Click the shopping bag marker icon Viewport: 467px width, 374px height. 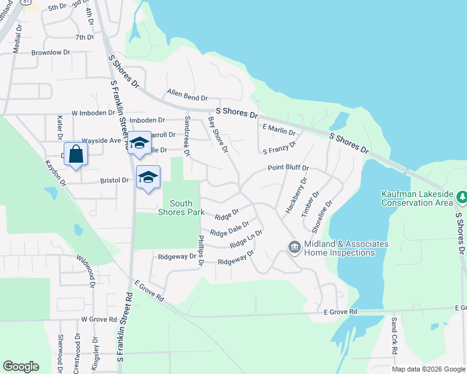coord(76,155)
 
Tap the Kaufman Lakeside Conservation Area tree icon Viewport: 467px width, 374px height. coord(461,198)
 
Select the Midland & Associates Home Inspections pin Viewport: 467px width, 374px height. coord(293,247)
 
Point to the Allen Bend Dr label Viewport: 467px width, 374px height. coord(187,95)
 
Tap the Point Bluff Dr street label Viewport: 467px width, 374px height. coord(288,168)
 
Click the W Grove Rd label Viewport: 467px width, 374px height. coord(99,319)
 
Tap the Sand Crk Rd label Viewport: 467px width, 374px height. coord(395,336)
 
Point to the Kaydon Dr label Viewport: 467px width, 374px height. coord(54,171)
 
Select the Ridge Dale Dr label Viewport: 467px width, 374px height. coord(230,228)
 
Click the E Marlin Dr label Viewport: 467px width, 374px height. coord(278,129)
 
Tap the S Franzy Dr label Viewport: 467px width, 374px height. coord(279,148)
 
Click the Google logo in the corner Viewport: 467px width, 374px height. coord(21,367)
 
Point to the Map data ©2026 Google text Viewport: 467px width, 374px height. coord(428,369)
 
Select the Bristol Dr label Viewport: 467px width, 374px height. coord(114,180)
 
